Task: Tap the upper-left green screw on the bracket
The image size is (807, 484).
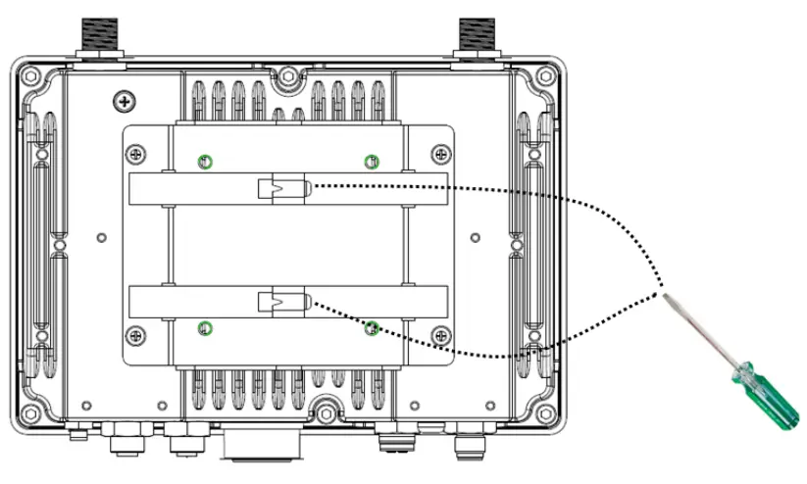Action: coord(204,162)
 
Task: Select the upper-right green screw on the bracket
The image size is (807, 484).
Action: coord(370,162)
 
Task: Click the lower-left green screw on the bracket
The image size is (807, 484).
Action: coord(204,327)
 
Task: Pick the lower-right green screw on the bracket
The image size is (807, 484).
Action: coord(371,328)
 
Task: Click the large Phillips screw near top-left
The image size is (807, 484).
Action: coord(124,100)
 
